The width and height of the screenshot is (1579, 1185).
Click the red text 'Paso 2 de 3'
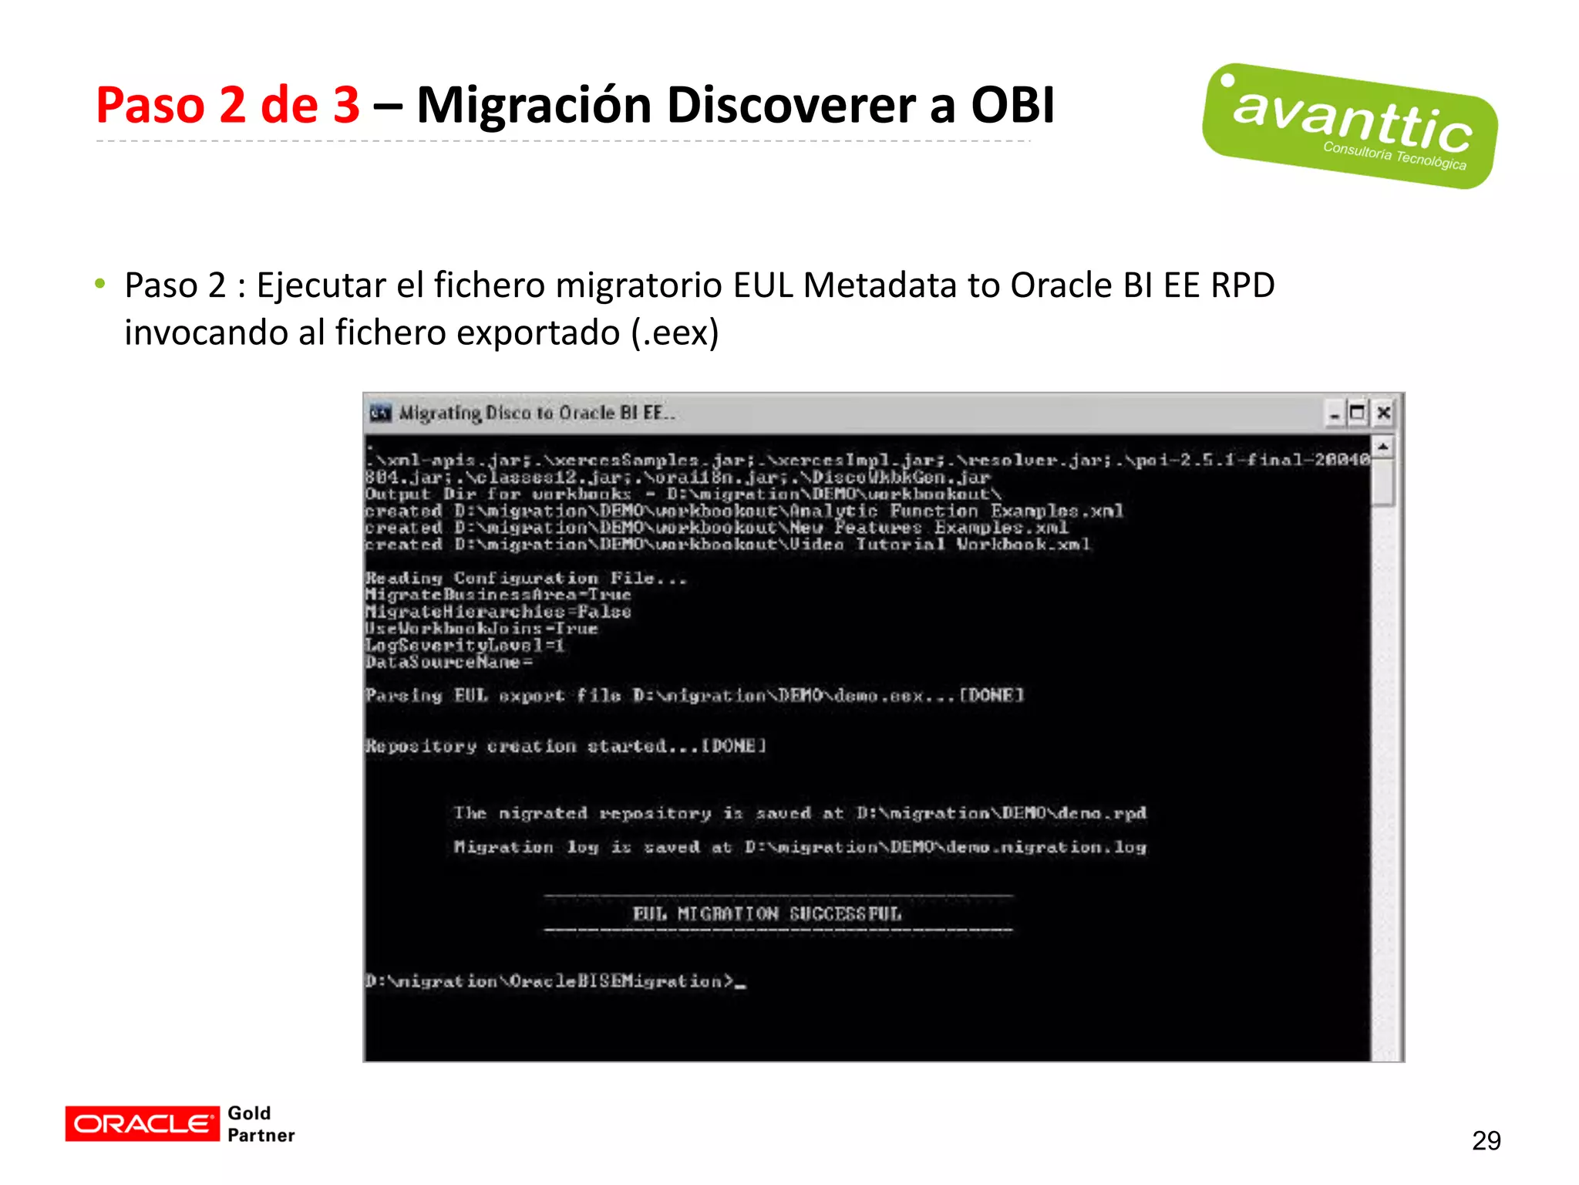pyautogui.click(x=227, y=105)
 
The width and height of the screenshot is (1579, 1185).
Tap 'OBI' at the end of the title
pyautogui.click(x=1012, y=105)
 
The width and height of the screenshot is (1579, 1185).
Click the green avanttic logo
pyautogui.click(x=1349, y=126)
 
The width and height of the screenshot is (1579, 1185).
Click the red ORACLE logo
pyautogui.click(x=142, y=1123)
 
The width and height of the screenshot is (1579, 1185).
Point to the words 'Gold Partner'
pyautogui.click(x=261, y=1124)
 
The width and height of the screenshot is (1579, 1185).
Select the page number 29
pyautogui.click(x=1486, y=1140)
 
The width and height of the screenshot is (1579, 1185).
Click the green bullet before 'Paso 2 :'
pyautogui.click(x=100, y=284)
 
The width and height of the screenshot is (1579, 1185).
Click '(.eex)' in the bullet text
pyautogui.click(x=675, y=333)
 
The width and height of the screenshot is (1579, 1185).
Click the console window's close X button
pyautogui.click(x=1384, y=414)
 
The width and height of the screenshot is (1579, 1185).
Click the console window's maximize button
pyautogui.click(x=1358, y=414)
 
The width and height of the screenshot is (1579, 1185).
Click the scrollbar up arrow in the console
pyautogui.click(x=1382, y=447)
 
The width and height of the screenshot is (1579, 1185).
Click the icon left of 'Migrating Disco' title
pyautogui.click(x=380, y=414)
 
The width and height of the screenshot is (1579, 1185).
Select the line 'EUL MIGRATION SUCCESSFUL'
pyautogui.click(x=766, y=914)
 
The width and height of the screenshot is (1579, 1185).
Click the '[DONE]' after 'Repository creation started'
pyautogui.click(x=733, y=746)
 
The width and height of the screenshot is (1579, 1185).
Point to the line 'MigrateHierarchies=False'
pyautogui.click(x=498, y=612)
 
